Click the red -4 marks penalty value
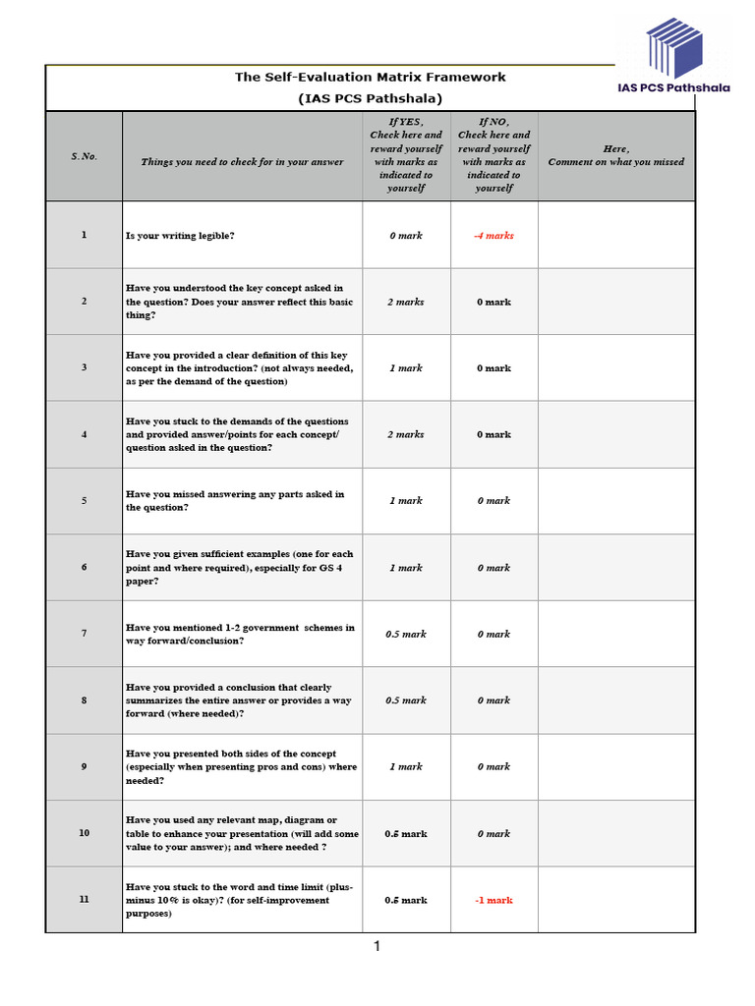(494, 236)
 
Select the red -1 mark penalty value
(494, 900)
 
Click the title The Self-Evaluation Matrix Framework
(371, 77)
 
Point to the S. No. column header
(84, 156)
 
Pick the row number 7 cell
(84, 634)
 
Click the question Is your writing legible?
(180, 236)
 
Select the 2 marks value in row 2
(405, 302)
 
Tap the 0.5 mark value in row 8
(405, 700)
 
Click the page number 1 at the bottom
(377, 946)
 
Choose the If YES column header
(406, 154)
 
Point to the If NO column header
(494, 154)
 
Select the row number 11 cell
(84, 900)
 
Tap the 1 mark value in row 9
(405, 766)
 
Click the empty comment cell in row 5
(616, 501)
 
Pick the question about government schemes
(241, 634)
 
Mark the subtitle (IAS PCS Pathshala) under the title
(371, 98)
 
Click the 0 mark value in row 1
(405, 236)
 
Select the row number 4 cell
(84, 434)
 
